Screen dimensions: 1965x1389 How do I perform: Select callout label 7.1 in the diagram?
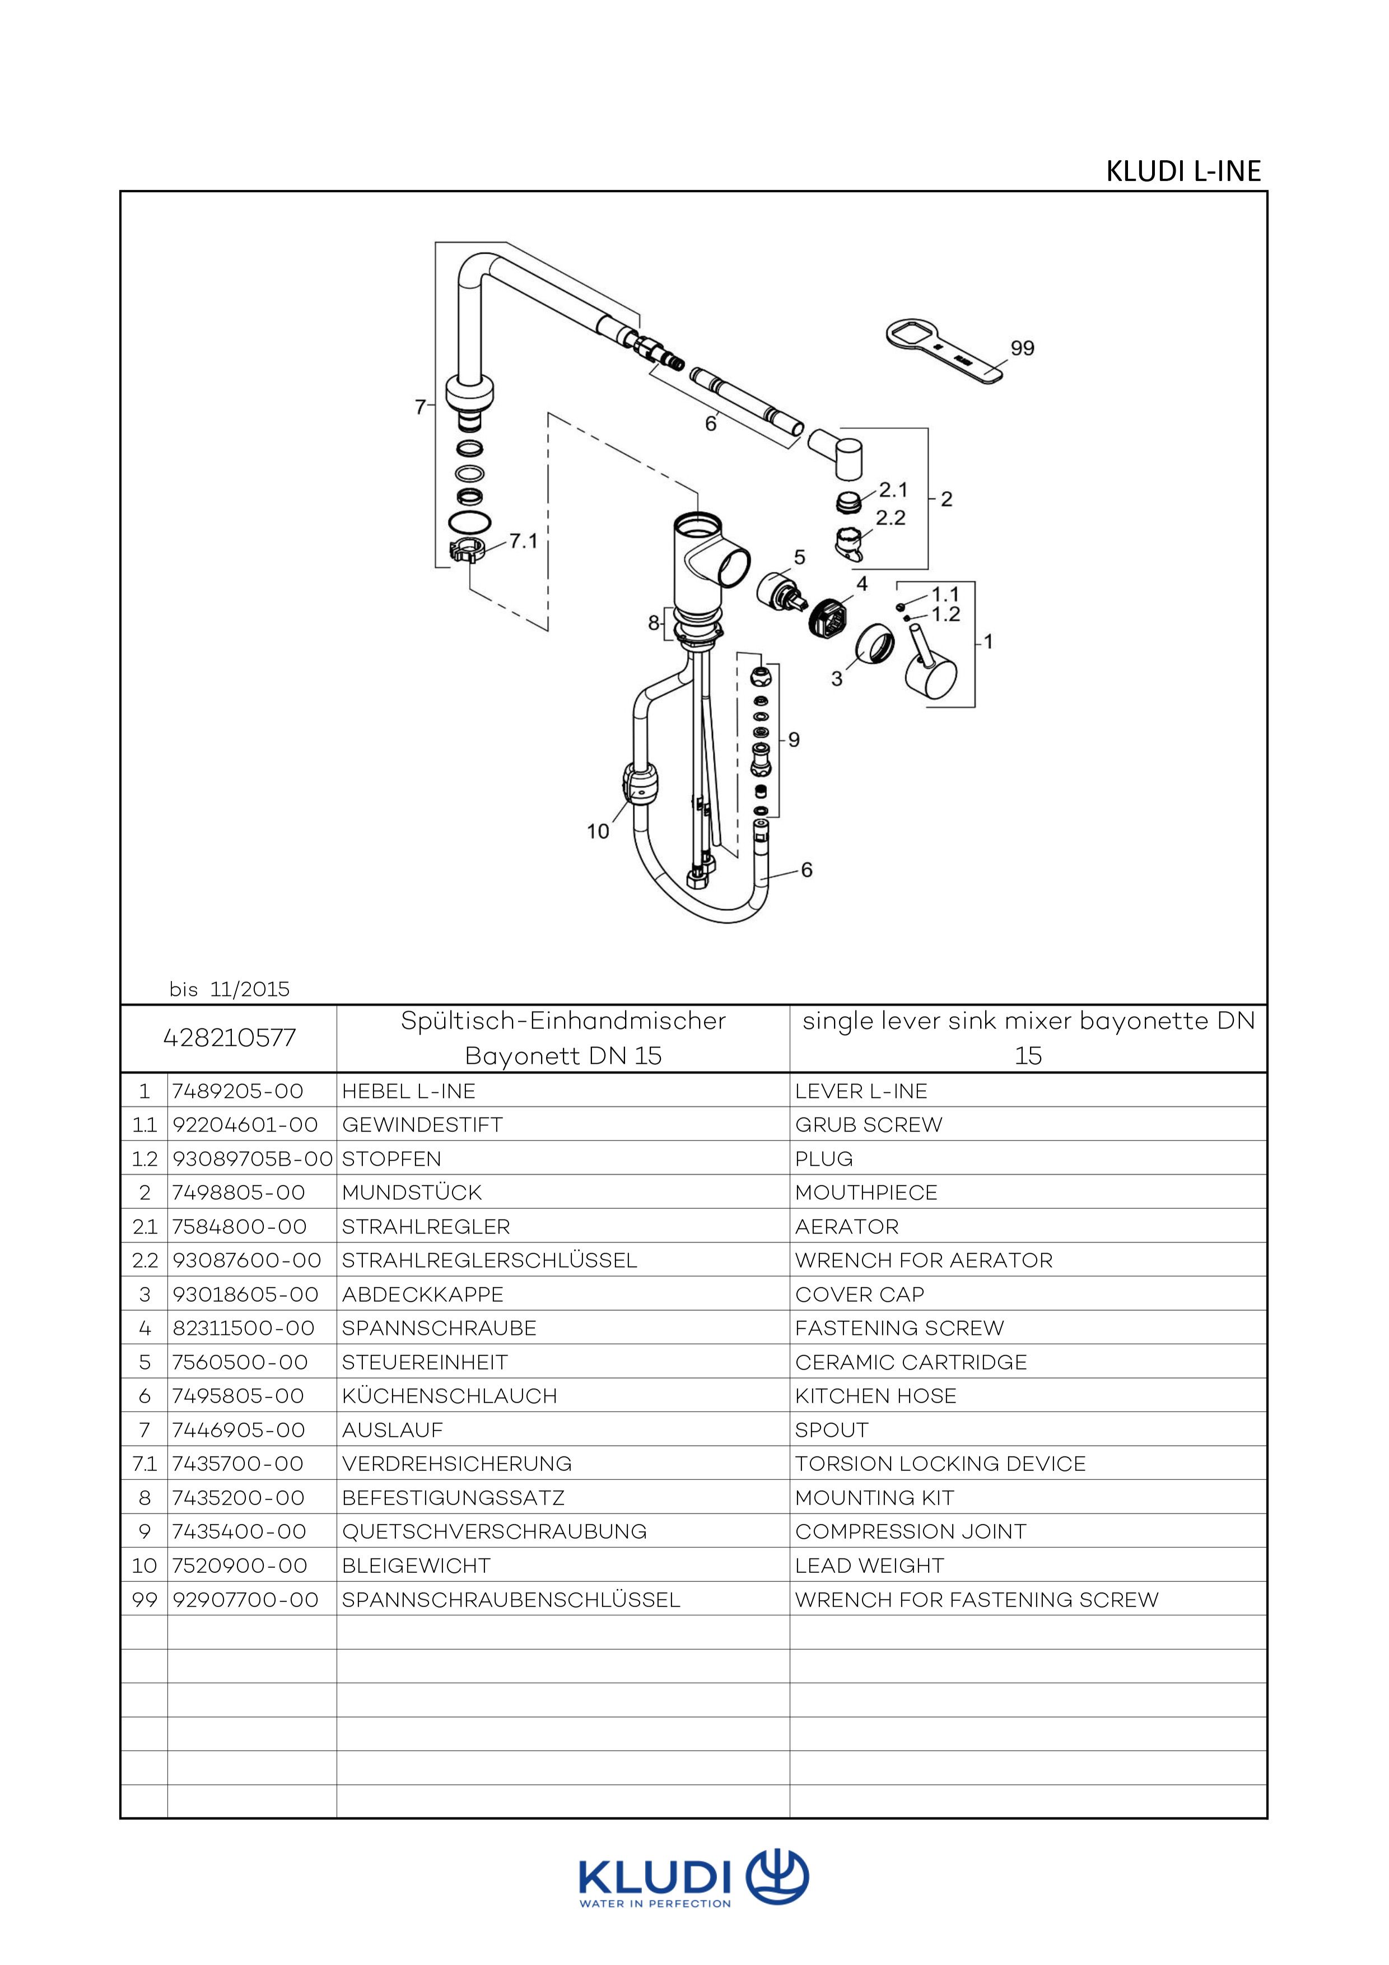coord(523,541)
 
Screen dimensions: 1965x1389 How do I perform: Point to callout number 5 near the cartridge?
coord(799,557)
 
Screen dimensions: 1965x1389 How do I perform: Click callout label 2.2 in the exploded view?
coord(890,518)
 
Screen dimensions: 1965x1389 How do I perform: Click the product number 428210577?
coord(230,1037)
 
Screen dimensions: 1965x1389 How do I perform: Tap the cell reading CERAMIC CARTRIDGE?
coord(911,1362)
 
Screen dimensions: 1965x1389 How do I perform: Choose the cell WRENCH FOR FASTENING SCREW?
coord(976,1600)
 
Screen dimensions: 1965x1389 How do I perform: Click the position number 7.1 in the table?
coord(145,1464)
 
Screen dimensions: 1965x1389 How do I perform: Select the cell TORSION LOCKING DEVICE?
coord(940,1464)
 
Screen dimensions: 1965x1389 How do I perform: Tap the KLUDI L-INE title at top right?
coord(1183,171)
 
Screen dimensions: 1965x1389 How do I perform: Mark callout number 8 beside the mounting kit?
coord(654,623)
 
